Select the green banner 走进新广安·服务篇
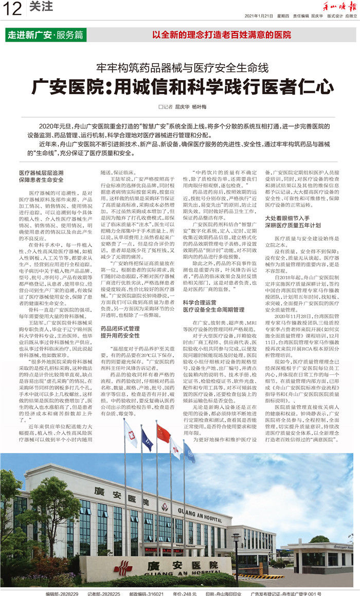coord(45,35)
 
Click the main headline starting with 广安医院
coord(179,87)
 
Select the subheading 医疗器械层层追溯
coord(41,173)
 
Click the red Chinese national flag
coord(164,434)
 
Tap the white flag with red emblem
coord(130,434)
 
